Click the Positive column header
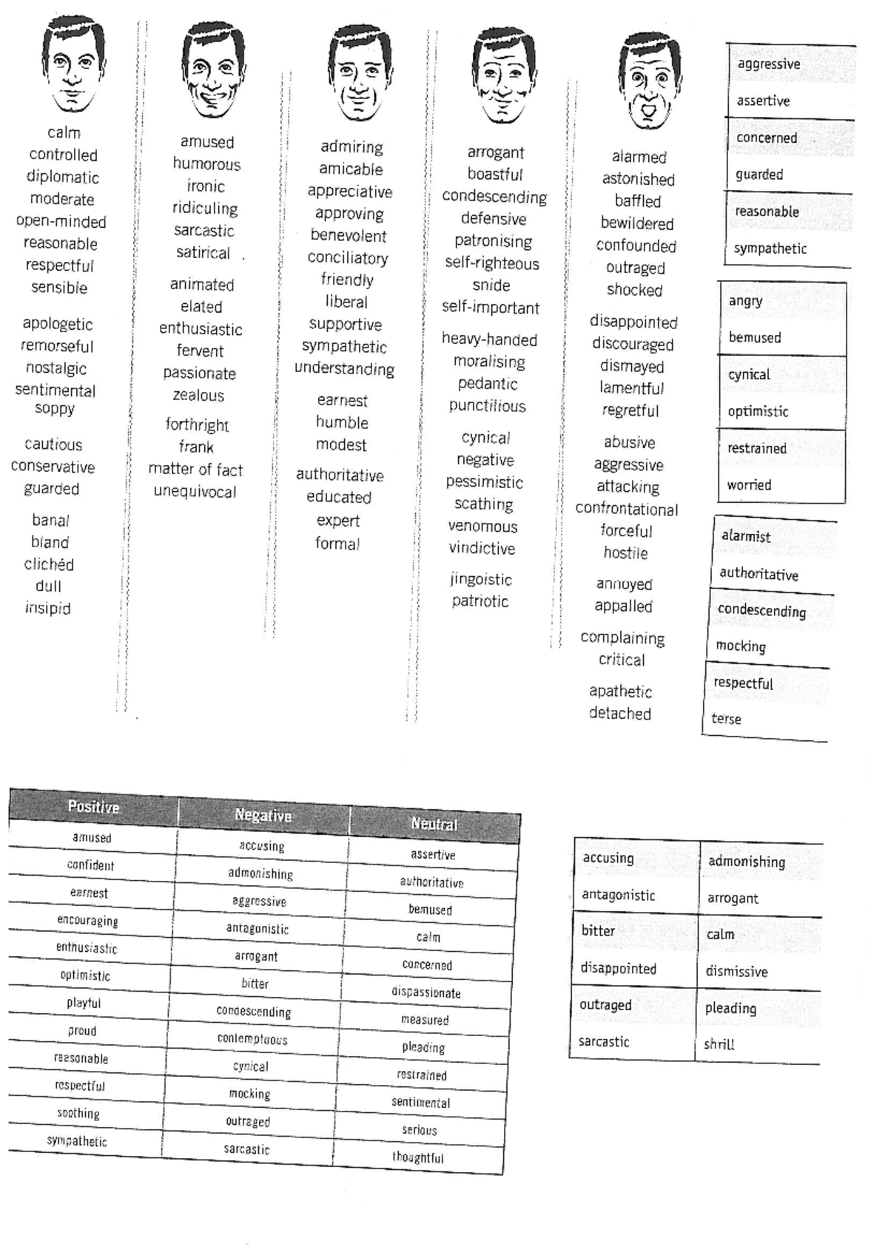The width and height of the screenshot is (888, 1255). (x=93, y=807)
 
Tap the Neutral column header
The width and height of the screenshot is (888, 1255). (x=434, y=824)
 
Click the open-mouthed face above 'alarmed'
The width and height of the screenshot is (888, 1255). (x=649, y=81)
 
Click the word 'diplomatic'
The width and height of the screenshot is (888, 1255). (x=63, y=177)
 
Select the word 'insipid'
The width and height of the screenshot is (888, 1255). (x=48, y=608)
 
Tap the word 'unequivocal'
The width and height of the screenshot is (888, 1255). (x=195, y=492)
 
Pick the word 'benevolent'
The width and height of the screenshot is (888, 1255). (x=349, y=236)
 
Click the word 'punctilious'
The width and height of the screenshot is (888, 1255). (x=487, y=406)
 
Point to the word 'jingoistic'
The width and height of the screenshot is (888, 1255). (x=481, y=579)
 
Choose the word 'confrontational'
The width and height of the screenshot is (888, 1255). (x=626, y=509)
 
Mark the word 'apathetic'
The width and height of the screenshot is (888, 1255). (x=620, y=691)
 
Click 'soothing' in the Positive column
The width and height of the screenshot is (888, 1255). (x=78, y=1113)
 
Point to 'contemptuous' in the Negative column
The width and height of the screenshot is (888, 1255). (x=252, y=1039)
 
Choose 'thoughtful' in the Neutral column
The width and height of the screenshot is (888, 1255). (x=418, y=1157)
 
